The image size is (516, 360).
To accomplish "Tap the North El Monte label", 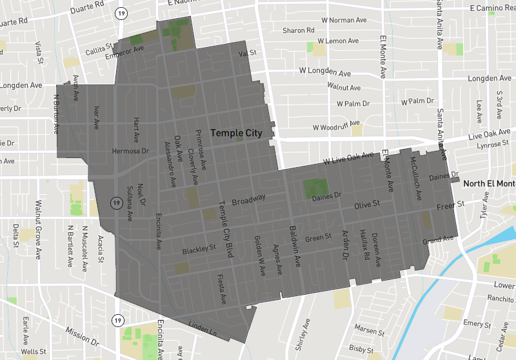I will point(490,183).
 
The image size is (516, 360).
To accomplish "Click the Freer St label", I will point(450,205).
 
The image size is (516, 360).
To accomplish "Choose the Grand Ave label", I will point(438,240).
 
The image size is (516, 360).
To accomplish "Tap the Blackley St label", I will point(198,249).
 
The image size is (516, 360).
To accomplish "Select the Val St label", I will point(248,53).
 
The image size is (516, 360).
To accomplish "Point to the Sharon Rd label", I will point(298,30).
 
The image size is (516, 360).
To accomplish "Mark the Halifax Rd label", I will point(364,248).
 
